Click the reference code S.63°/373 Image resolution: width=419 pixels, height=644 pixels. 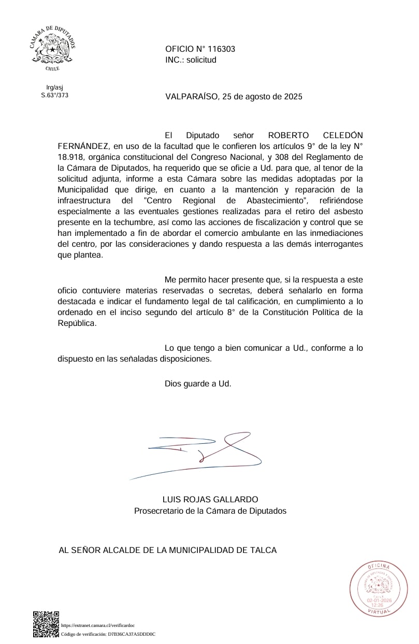pos(55,95)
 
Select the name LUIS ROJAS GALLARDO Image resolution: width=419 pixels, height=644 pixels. pos(210,499)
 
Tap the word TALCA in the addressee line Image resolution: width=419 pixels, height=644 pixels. pos(263,550)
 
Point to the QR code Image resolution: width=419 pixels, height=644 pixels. pos(46,624)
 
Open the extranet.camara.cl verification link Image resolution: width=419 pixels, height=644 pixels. pos(98,625)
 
